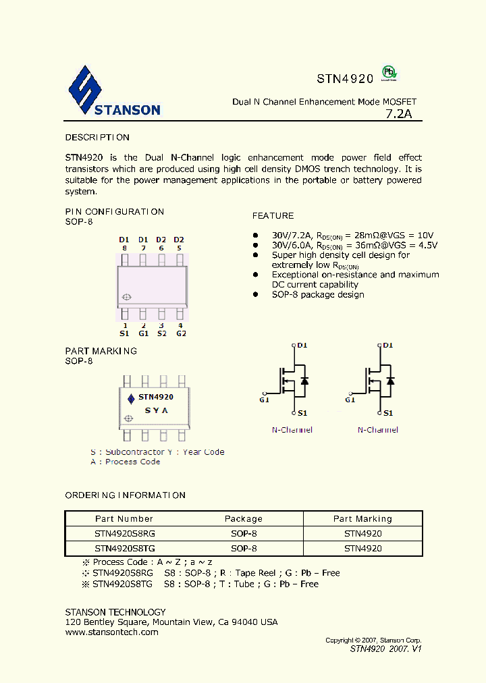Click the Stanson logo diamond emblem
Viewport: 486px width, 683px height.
tap(84, 90)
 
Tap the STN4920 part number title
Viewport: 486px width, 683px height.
tap(345, 78)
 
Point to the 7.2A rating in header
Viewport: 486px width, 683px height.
tap(398, 114)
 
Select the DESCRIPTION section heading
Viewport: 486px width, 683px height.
tap(97, 138)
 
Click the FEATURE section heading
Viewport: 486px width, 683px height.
tap(273, 216)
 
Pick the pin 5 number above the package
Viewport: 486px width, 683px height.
tap(179, 248)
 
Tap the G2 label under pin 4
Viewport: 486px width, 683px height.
tap(181, 333)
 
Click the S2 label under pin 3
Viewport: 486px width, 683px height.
tap(162, 333)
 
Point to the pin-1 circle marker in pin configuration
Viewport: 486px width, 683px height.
tap(126, 298)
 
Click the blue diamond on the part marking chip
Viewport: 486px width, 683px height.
tap(131, 398)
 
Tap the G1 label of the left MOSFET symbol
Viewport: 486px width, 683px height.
tap(264, 400)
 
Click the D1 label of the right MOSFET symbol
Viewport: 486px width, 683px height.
tap(387, 346)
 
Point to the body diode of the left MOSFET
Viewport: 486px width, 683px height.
tap(304, 380)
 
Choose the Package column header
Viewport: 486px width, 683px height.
tap(243, 519)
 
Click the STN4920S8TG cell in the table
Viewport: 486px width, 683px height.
tap(125, 549)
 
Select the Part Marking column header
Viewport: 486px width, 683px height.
tap(362, 519)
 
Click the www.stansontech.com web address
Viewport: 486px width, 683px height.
tap(111, 632)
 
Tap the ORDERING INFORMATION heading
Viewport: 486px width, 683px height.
tap(125, 495)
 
